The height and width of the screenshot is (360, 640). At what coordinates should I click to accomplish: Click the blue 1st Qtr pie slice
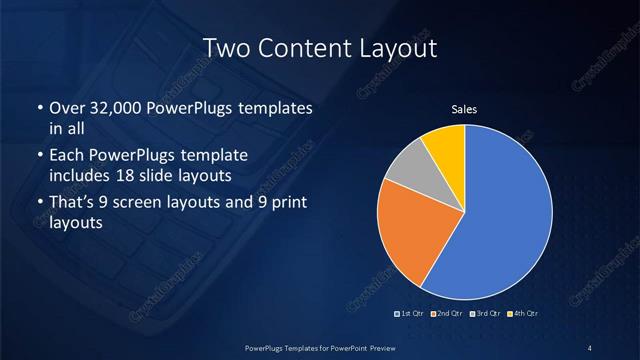[x=505, y=215]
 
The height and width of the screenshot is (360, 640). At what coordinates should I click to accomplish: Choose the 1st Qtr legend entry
[x=410, y=314]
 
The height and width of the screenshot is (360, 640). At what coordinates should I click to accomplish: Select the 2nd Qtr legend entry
[x=445, y=314]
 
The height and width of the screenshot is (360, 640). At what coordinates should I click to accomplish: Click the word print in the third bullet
[x=287, y=203]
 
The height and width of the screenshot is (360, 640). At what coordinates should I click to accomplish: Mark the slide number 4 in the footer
[x=590, y=347]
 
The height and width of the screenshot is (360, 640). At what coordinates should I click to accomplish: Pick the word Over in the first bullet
[x=66, y=107]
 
